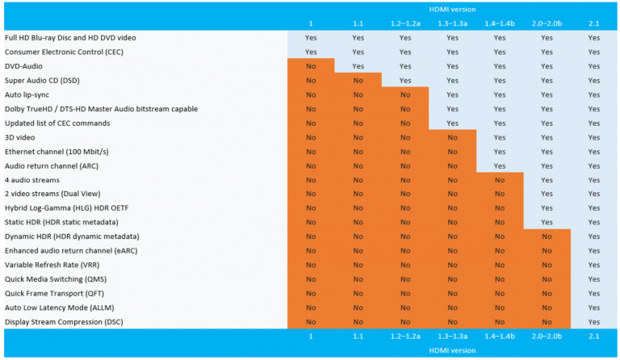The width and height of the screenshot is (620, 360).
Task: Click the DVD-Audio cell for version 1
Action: [311, 66]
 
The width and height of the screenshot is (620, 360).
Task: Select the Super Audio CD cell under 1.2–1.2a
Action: [405, 81]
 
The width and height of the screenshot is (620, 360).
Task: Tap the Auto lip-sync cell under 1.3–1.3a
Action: [452, 94]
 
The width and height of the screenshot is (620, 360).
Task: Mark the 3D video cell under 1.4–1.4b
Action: [500, 137]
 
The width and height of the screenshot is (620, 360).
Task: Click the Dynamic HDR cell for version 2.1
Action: [594, 237]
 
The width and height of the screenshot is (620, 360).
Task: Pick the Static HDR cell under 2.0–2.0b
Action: [547, 222]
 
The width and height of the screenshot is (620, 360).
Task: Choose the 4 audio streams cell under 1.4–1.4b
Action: [500, 180]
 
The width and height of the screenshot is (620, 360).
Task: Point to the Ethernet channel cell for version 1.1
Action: [358, 152]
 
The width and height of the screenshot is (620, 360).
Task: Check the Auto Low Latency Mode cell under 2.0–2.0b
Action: [547, 308]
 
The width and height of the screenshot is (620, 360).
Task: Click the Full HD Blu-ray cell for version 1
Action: [311, 38]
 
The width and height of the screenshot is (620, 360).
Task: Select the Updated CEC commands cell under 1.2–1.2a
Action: [405, 123]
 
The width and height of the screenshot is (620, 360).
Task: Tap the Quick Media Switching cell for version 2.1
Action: [594, 279]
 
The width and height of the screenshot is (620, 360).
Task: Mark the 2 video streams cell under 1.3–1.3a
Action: [452, 194]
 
